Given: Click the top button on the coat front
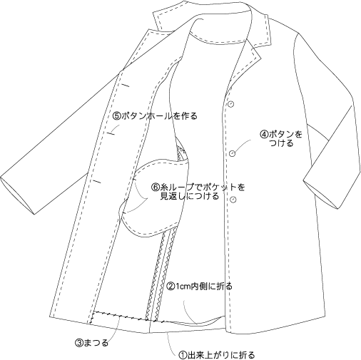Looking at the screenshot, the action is pos(231,104).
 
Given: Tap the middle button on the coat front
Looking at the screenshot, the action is pos(233,153).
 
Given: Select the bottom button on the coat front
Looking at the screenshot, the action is pos(234,200).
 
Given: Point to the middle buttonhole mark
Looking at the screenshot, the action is pos(111,134).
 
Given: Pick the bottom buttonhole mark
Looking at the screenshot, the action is pos(96,182).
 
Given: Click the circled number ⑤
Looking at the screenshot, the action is pos(116,116).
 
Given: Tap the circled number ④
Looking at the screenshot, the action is pos(264,135).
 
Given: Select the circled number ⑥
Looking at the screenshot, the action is pos(156,187).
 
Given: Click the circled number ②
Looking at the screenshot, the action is pos(171,286).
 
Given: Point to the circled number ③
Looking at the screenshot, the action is pos(79,343).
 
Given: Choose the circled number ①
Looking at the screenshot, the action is pos(183,355).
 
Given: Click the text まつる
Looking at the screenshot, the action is pos(96,343).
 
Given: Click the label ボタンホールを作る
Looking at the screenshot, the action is pos(159,116).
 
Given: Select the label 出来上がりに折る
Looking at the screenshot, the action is pos(221,355).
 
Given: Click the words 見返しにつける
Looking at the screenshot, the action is pos(189,197).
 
